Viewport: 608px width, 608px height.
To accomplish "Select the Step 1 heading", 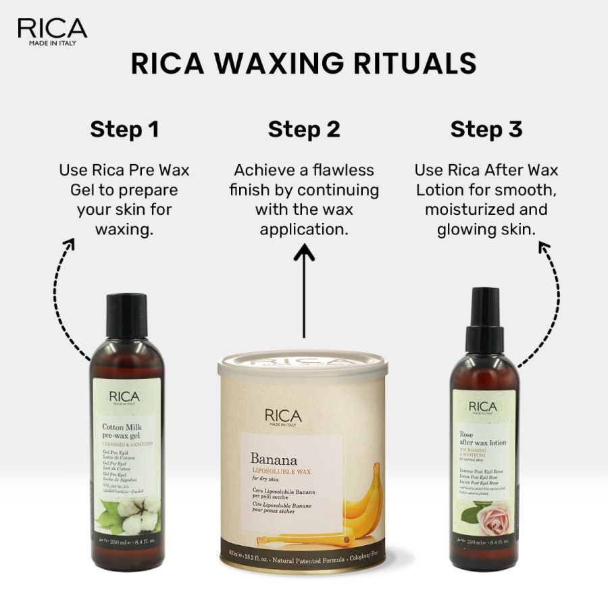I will tap(124, 129).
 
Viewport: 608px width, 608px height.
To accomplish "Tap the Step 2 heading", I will tap(304, 129).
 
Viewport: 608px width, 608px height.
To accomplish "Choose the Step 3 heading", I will tap(486, 129).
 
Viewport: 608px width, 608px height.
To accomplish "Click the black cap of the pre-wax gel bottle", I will tap(126, 315).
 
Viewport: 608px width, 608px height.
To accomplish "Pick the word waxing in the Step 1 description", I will tap(124, 229).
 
